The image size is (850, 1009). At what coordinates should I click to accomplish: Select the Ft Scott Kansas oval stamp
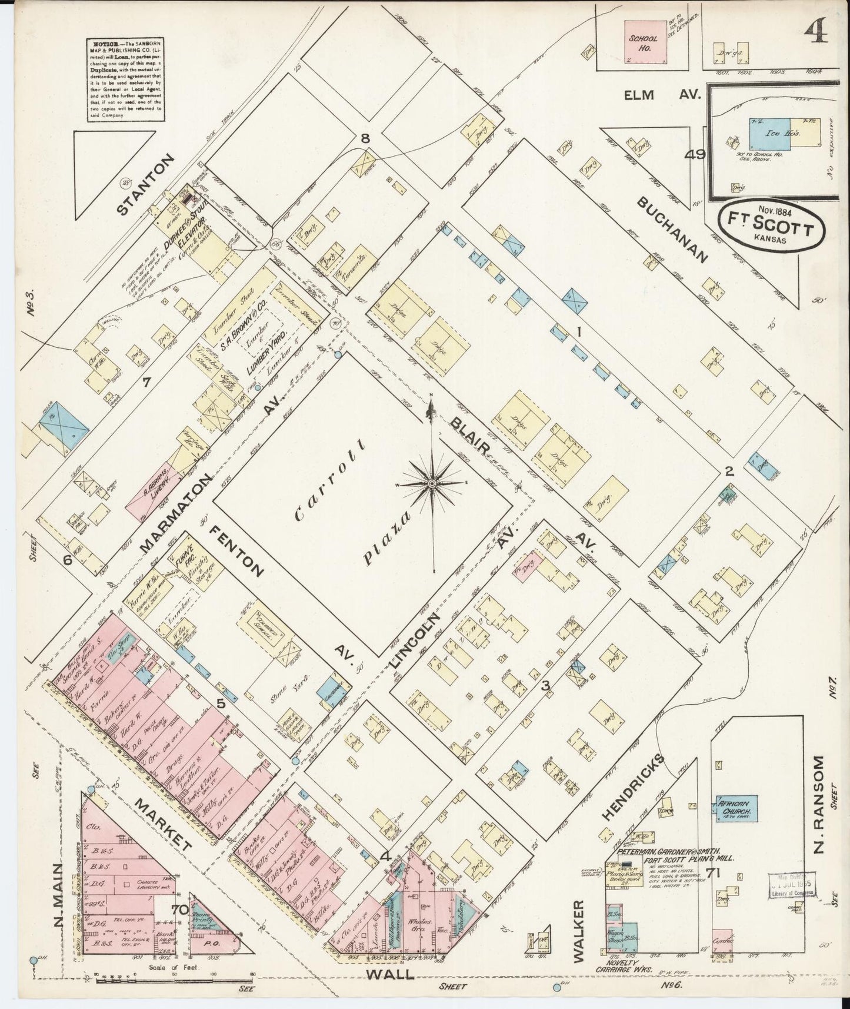click(769, 228)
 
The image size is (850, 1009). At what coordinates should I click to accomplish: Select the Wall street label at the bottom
click(389, 974)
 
